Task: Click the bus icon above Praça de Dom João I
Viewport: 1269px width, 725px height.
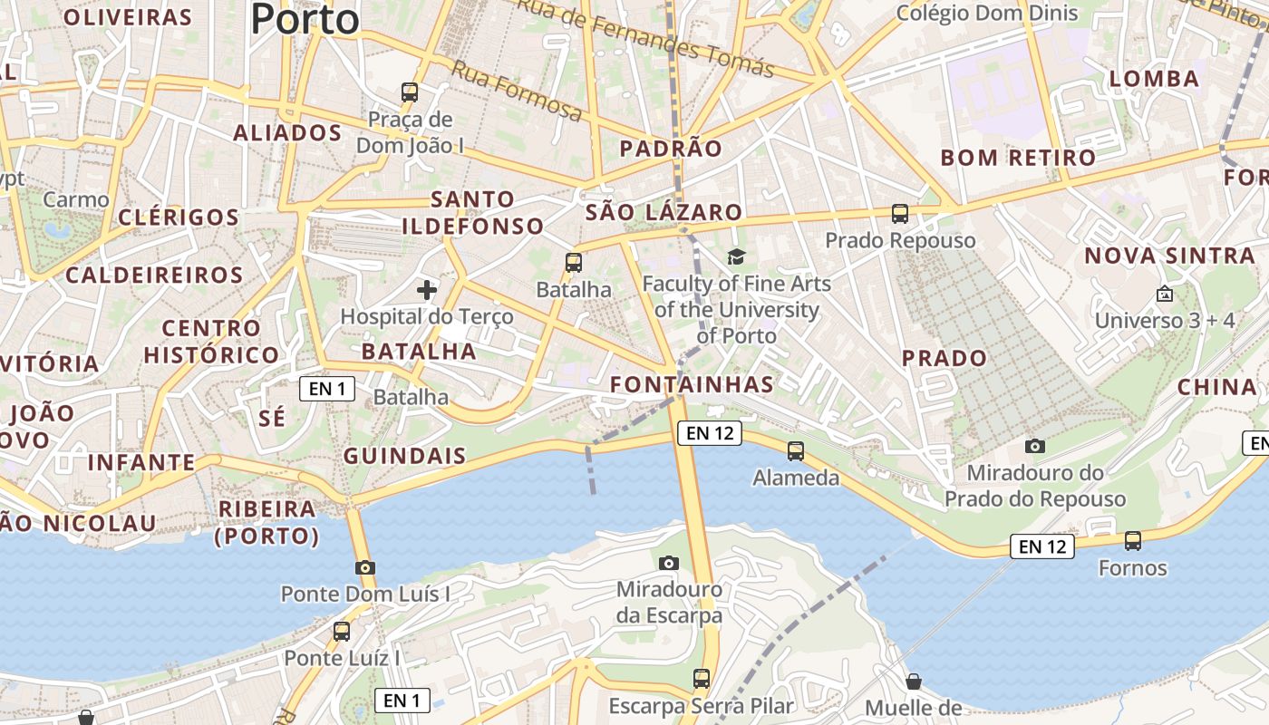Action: pos(410,92)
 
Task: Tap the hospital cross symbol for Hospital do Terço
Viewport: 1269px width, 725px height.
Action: pos(427,290)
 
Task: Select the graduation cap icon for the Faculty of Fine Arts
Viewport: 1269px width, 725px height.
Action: pos(736,257)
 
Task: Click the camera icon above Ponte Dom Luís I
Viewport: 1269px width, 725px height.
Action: pos(365,568)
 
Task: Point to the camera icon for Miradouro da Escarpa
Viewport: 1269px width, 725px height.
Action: pos(669,563)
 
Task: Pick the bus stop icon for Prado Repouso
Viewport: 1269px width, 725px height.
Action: pos(900,214)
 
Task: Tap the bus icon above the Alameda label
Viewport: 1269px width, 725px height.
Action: pos(796,450)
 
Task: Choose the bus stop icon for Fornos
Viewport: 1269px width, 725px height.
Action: pos(1133,541)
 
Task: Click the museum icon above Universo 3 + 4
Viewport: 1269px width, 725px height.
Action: pos(1165,295)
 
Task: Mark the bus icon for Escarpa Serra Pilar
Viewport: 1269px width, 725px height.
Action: pos(702,678)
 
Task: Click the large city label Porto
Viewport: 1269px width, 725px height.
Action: pos(305,18)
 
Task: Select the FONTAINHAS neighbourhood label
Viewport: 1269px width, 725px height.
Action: pos(692,384)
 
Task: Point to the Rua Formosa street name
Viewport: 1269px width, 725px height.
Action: pos(517,91)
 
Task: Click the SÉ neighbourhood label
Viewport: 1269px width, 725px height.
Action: pos(272,418)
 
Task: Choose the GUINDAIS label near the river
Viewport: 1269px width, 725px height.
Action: pos(404,456)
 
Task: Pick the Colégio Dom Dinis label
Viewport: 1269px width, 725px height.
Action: pos(987,13)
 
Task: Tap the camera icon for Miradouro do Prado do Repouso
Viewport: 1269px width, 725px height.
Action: pos(1035,446)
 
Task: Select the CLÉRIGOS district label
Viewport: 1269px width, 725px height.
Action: pos(179,217)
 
